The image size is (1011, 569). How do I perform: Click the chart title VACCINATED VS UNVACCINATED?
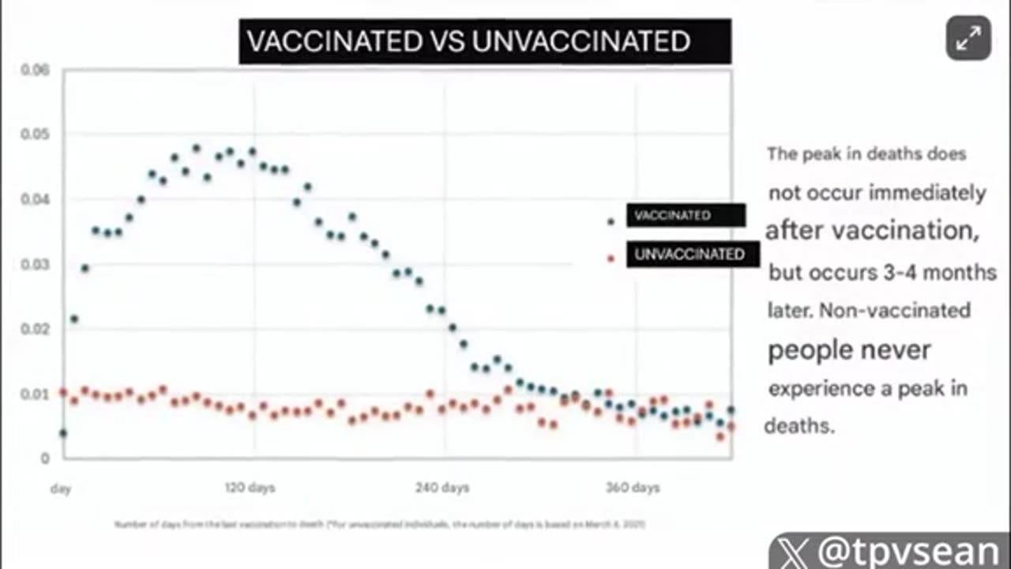click(x=484, y=42)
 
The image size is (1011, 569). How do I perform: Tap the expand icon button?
click(x=968, y=38)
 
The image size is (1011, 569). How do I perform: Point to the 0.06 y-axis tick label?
click(x=35, y=70)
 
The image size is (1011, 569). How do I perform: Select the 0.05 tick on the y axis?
click(x=35, y=134)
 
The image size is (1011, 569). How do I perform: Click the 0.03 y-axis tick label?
click(x=35, y=264)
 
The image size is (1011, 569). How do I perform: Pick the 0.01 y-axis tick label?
click(x=35, y=394)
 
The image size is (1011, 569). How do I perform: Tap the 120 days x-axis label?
click(x=250, y=488)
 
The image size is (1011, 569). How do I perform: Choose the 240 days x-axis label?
click(x=442, y=488)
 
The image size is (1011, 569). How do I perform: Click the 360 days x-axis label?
click(x=633, y=488)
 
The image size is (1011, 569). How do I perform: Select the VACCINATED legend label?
click(x=685, y=216)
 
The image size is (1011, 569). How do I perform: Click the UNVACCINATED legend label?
click(x=692, y=254)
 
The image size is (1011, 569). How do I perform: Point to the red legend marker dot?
click(x=611, y=258)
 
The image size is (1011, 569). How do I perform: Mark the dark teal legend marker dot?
click(x=611, y=221)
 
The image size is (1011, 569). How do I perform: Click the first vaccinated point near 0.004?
click(x=63, y=433)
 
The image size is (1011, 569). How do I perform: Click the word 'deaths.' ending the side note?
click(x=799, y=427)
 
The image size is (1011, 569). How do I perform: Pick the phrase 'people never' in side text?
click(x=849, y=350)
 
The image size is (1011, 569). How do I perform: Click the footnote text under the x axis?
click(x=380, y=524)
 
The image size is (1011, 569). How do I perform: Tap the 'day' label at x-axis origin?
click(x=61, y=488)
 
